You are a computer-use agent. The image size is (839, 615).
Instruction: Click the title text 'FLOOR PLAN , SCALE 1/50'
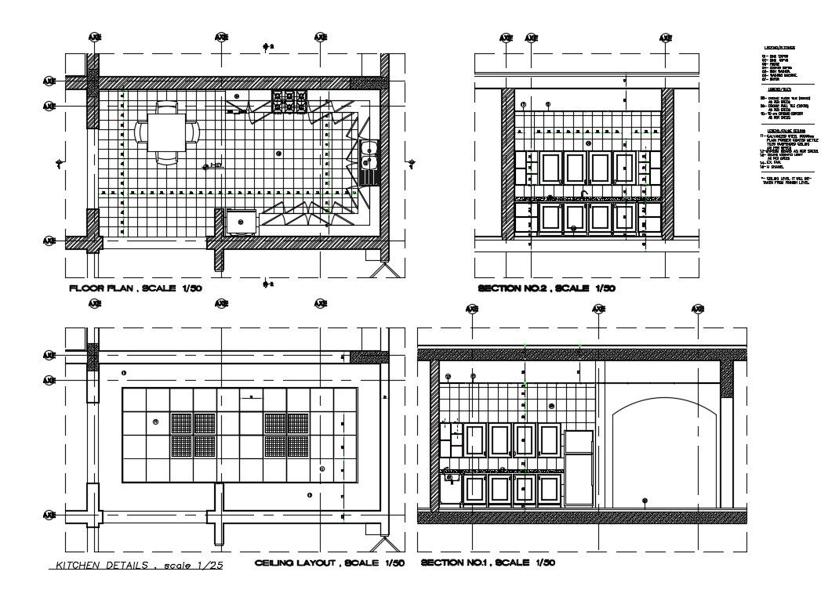click(x=136, y=288)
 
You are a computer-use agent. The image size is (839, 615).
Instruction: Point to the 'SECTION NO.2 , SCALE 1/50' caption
click(x=547, y=288)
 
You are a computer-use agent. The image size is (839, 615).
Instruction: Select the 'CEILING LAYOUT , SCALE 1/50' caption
click(x=330, y=563)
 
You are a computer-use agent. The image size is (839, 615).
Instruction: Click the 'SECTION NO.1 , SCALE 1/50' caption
click(x=489, y=563)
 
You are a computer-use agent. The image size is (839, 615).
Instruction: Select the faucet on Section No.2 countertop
click(x=584, y=193)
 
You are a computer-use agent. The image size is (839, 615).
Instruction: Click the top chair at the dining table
click(x=167, y=107)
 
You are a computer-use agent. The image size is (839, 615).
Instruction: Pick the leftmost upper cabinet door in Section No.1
click(x=475, y=440)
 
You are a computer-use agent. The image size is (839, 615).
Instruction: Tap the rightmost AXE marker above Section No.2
click(x=665, y=38)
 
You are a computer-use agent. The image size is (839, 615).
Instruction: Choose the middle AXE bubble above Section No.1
click(x=598, y=309)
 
